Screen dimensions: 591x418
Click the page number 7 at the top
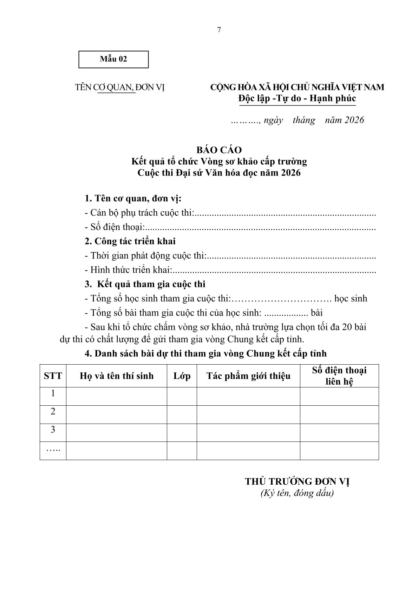[x=219, y=30]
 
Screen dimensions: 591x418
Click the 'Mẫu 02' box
[x=113, y=59]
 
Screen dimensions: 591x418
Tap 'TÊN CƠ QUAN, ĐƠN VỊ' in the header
[x=120, y=87]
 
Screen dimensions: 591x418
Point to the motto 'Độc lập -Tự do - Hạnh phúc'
[x=297, y=98]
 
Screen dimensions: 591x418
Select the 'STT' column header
[x=53, y=376]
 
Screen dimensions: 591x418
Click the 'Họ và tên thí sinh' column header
[x=117, y=376]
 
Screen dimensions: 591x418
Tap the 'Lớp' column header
[x=182, y=376]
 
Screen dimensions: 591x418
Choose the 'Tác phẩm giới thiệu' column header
[x=248, y=376]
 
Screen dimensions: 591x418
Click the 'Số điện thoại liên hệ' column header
[x=339, y=376]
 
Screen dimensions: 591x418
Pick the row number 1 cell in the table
[x=53, y=393]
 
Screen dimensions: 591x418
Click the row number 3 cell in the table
[x=53, y=430]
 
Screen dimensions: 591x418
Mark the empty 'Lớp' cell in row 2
[x=182, y=414]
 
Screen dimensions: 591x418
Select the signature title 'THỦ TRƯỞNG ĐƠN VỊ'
[x=297, y=482]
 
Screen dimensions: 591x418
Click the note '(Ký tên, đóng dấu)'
[x=297, y=493]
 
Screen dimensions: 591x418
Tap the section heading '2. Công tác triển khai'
[x=130, y=241]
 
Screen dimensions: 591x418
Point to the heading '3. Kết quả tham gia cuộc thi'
[x=145, y=284]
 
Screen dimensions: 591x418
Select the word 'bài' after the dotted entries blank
[x=317, y=312]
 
